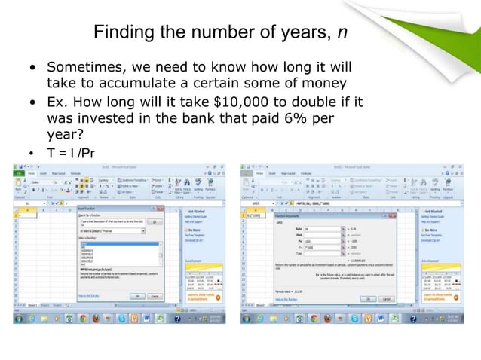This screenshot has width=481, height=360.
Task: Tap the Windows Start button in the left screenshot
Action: tap(17, 317)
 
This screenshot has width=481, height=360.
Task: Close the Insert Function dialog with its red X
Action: tap(161, 209)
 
